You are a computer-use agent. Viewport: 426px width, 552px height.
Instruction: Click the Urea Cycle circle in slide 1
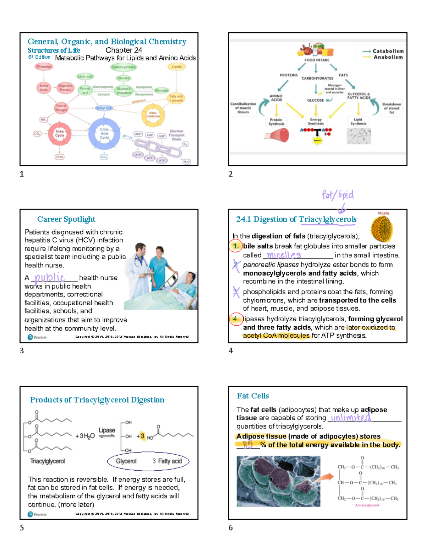coord(60,134)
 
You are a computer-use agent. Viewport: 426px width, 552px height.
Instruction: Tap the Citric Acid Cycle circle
coord(104,134)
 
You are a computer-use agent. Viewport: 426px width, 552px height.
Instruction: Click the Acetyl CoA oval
coord(104,108)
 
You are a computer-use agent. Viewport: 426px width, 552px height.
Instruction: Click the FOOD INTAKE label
coord(317,60)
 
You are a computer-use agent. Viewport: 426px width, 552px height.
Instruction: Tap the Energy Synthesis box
coord(316,122)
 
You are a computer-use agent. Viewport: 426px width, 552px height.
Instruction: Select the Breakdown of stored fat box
coord(392,108)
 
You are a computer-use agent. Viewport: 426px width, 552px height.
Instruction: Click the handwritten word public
coord(50,278)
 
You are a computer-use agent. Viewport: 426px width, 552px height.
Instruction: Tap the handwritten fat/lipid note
coord(338,195)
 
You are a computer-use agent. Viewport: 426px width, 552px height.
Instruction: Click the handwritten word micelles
coord(284,255)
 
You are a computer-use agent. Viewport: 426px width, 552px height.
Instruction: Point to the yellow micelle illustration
coord(382,229)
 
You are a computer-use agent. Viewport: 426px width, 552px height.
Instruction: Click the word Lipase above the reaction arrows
coord(106,430)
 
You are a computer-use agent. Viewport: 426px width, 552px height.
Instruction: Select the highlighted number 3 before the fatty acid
coord(142,436)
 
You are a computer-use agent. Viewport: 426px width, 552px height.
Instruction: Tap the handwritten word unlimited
coord(351,418)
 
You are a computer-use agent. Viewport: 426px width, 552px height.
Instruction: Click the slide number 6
coord(231,527)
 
